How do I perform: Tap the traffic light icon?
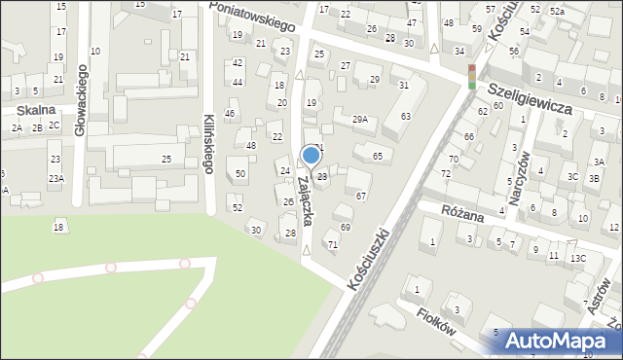472,77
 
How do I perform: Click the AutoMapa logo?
564,340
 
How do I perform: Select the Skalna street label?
34,111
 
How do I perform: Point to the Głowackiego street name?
82,102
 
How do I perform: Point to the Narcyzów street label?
523,171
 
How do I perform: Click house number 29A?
360,120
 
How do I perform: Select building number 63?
405,117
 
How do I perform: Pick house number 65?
377,156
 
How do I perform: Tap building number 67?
360,197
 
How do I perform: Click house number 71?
333,244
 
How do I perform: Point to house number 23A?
56,178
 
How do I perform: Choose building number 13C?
578,258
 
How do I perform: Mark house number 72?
446,173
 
